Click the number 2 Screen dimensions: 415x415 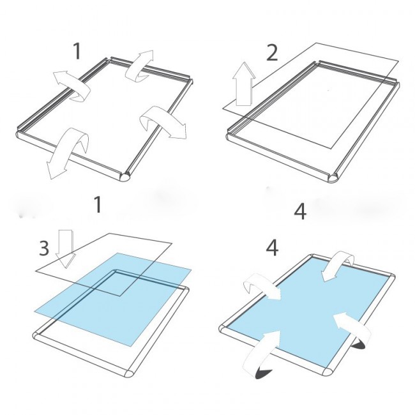point(272,52)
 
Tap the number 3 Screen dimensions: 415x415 point(44,248)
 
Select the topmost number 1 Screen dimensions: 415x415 point(77,51)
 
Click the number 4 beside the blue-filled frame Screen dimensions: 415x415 point(272,248)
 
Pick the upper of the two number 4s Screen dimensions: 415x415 point(300,211)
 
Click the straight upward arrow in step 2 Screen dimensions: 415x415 point(244,85)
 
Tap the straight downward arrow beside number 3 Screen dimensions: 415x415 point(66,248)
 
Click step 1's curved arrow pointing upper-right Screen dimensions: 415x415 point(139,66)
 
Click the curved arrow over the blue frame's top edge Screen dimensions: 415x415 point(339,266)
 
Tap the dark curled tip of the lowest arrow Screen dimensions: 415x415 point(264,373)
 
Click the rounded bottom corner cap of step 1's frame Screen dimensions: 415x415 point(125,176)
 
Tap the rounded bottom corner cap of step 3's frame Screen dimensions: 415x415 point(130,375)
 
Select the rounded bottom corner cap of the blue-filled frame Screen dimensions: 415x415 point(329,370)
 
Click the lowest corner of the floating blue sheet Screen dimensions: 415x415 point(131,346)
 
